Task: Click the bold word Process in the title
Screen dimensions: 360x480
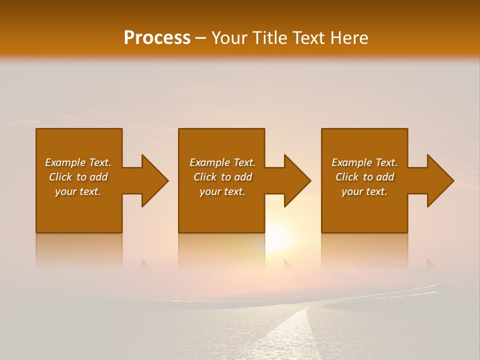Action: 157,38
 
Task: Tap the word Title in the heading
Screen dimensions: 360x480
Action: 268,38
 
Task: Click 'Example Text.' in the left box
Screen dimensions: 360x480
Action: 78,162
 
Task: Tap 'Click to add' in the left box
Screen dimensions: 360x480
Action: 78,177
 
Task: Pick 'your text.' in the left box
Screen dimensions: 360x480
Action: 78,191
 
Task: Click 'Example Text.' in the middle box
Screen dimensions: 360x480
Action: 222,162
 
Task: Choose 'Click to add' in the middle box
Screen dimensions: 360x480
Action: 222,177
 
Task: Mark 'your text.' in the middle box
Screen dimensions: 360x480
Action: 222,191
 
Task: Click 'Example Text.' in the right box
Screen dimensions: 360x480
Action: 364,162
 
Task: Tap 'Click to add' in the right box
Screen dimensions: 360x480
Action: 364,177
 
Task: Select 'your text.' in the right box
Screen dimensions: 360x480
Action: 364,191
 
